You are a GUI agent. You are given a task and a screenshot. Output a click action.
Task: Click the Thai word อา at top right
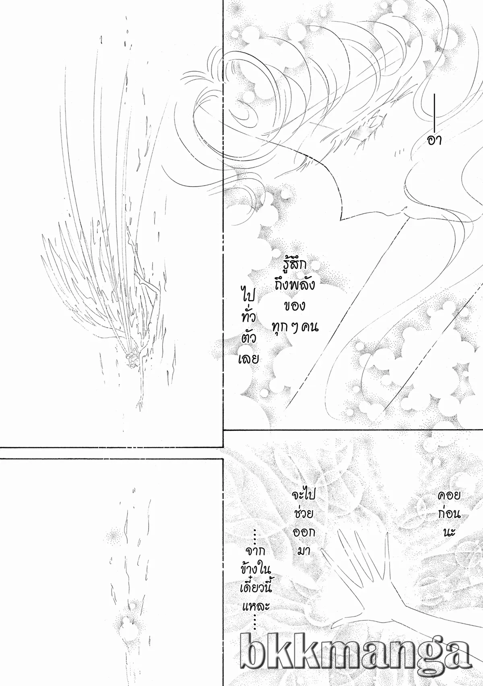(x=435, y=140)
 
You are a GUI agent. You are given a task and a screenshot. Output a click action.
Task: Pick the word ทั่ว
(x=248, y=317)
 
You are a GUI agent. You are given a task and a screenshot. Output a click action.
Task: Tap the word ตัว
(x=248, y=338)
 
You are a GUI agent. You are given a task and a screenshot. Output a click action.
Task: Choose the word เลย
(x=248, y=358)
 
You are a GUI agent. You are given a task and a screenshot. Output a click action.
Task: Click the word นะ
(x=449, y=532)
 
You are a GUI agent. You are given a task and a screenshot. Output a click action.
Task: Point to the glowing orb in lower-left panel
(x=126, y=625)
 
